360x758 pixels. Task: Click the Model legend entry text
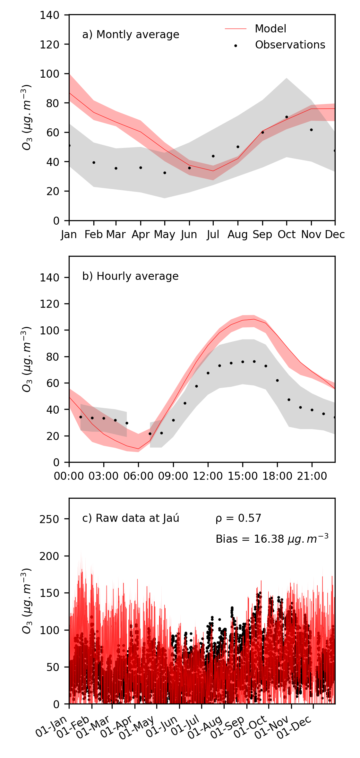270,29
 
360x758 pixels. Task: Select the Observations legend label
290,45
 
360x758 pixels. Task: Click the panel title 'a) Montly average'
131,35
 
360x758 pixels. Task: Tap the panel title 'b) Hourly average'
130,276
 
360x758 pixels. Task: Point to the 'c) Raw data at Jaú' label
131,518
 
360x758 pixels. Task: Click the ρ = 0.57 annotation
238,518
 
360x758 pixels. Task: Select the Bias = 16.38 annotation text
272,539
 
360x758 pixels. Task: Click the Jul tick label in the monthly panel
213,235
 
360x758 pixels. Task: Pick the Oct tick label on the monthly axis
287,235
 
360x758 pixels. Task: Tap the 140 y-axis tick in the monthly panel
49,15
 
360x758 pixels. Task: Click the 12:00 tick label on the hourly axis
208,476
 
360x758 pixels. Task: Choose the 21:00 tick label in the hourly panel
312,476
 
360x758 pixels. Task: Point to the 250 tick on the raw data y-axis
49,519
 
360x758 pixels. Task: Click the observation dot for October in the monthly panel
287,117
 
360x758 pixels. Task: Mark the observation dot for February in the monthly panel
94,162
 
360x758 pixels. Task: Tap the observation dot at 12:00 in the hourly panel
208,373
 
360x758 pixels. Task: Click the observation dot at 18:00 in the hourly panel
277,380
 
